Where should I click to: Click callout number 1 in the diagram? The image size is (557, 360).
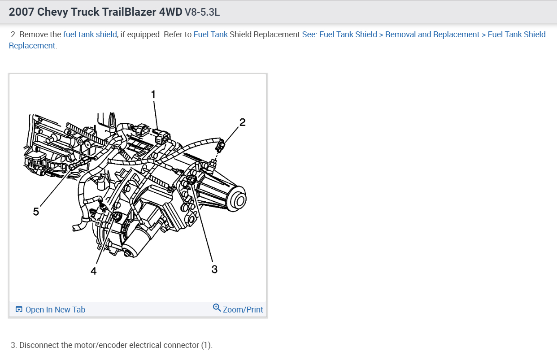153,94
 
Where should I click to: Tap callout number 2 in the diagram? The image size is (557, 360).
242,122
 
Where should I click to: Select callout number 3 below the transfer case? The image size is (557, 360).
214,269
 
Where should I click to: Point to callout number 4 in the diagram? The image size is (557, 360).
93,271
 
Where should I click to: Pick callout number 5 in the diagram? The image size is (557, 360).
36,212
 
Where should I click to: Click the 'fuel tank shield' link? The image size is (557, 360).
90,35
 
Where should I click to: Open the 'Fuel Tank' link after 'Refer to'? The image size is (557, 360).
210,35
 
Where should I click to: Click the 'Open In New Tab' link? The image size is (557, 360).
55,310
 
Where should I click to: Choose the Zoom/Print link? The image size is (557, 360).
243,310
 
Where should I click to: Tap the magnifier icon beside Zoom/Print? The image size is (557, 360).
217,308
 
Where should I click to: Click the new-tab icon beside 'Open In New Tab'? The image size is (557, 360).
19,310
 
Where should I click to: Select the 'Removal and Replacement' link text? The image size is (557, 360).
432,35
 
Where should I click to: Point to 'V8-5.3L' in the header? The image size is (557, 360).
202,12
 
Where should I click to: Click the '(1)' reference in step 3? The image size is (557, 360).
206,345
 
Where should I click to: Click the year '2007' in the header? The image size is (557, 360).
21,12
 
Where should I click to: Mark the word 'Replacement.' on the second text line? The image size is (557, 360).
33,46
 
